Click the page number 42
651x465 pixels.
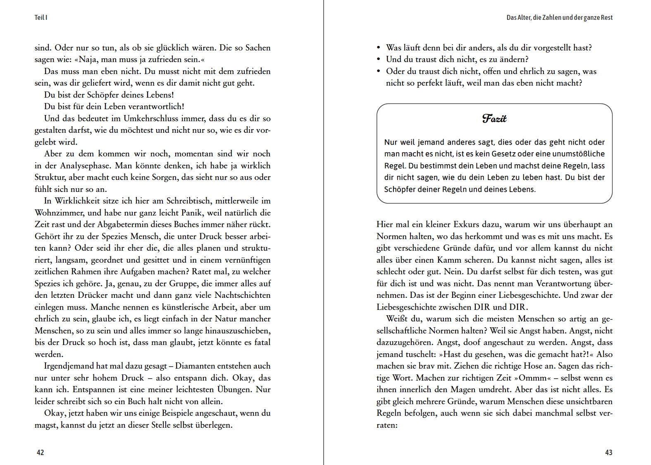tap(40, 453)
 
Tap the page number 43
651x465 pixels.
tap(608, 453)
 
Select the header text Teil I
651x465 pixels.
tap(41, 18)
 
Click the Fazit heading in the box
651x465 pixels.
tap(494, 119)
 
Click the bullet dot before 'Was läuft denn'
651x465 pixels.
tap(379, 48)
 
